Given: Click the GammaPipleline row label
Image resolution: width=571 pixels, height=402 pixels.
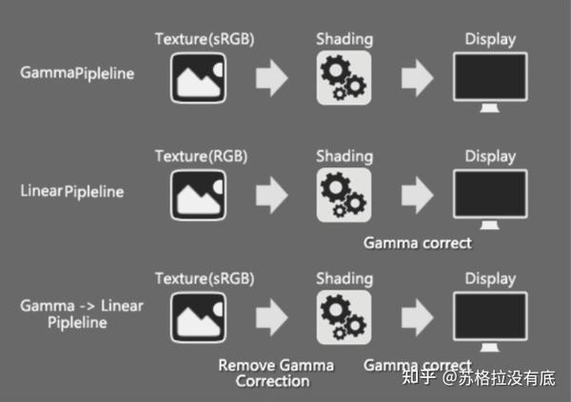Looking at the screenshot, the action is (77, 73).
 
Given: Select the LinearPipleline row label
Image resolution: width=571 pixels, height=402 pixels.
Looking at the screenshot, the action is (72, 191).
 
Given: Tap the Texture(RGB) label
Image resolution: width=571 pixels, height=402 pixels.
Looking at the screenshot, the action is (201, 157).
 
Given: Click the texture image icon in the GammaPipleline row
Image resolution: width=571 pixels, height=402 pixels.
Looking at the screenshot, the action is (198, 78).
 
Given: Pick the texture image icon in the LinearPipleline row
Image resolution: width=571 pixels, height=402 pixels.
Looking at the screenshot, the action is (198, 195).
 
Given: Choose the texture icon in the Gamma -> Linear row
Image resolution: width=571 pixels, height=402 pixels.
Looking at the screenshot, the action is (198, 317).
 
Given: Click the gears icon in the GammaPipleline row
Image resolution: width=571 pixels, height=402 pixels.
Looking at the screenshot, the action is (344, 78).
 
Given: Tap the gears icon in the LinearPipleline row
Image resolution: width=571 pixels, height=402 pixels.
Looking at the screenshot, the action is (344, 195).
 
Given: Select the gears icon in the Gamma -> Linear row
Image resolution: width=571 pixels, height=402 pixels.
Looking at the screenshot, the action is (344, 317).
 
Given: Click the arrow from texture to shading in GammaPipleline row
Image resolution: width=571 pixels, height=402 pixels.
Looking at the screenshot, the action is (271, 78).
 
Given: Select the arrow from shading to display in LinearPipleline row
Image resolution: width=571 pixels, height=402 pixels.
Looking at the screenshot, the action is (418, 195).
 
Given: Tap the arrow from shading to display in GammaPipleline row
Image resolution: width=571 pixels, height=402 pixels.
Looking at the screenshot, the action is (418, 78).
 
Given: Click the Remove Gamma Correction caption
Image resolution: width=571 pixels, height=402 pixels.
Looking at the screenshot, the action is (276, 373).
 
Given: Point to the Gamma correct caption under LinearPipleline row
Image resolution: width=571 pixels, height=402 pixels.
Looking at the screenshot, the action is (418, 243).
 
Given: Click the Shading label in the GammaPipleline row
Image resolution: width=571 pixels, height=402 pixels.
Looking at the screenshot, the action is (345, 39).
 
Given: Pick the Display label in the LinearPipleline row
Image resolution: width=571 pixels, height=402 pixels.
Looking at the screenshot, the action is (490, 157).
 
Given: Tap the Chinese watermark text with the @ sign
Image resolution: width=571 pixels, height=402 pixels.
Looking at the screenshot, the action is (479, 377).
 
